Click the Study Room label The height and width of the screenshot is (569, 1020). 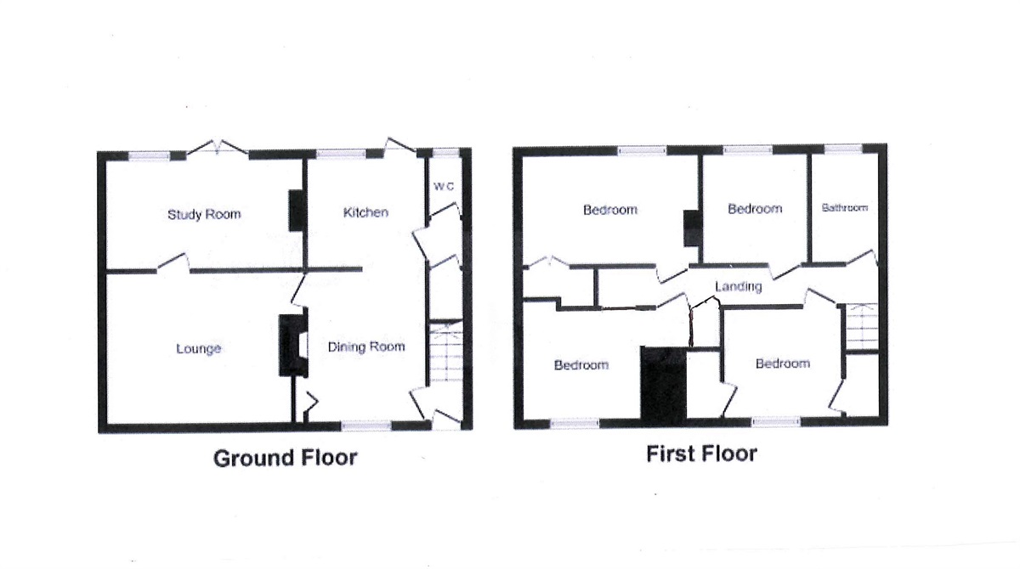point(204,214)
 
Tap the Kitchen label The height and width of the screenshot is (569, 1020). point(365,211)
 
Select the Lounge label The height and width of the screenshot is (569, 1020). point(199,348)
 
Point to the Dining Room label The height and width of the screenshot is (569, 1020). point(366,346)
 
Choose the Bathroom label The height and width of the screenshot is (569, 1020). point(844,208)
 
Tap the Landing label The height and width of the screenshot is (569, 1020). point(738,287)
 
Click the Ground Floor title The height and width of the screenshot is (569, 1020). point(285,459)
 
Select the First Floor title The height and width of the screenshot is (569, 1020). point(701,454)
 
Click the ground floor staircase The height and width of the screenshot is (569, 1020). point(444,353)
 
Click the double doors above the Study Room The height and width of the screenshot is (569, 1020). point(218,150)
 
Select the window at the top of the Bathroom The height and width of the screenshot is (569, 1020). point(843,150)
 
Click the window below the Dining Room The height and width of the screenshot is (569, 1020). point(366,425)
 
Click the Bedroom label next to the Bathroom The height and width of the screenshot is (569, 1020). point(755,209)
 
